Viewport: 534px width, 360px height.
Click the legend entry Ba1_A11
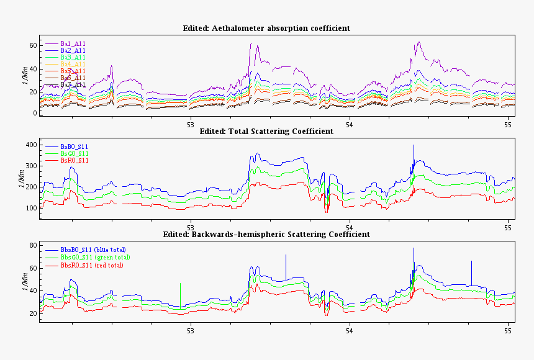pos(73,43)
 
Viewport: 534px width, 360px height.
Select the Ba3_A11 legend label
pos(73,57)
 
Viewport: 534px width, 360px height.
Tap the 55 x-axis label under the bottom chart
pos(508,330)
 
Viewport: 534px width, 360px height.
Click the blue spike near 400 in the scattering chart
pos(414,152)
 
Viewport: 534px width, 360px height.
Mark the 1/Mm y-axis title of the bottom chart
pos(24,281)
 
